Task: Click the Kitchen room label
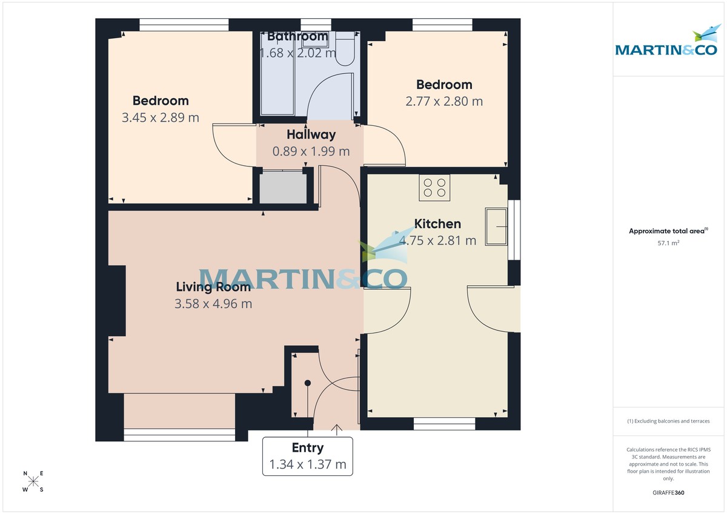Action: [437, 224]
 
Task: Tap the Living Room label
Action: [213, 287]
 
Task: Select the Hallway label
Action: [311, 135]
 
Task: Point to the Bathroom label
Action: [297, 36]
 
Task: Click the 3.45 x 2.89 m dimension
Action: [161, 117]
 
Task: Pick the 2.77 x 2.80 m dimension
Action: [444, 101]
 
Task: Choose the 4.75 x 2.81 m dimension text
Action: [437, 240]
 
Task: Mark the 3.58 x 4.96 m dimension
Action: [213, 304]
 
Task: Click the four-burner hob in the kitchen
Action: [434, 188]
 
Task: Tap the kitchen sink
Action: [496, 226]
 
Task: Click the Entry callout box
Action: [308, 456]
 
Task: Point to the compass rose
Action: [33, 481]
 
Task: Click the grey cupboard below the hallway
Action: [283, 188]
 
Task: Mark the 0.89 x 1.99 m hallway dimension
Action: [311, 151]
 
